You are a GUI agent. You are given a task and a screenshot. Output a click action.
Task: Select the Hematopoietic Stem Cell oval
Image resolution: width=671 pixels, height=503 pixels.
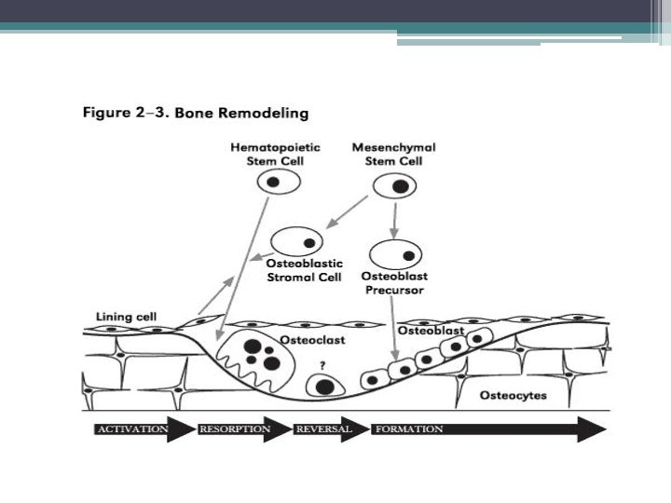point(278,182)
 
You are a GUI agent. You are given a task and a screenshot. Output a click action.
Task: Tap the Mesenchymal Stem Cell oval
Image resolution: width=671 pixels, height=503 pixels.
point(395,184)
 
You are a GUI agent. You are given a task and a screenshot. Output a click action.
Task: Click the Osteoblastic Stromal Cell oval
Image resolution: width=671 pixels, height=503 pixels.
point(295,241)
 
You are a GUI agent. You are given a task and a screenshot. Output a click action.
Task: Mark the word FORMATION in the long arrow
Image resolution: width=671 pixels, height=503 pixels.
point(408,429)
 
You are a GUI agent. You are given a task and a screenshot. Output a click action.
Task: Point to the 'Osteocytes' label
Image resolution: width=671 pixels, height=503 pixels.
point(513,396)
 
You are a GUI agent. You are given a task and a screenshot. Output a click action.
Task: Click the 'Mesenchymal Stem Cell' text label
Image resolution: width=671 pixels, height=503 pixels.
point(394,154)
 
